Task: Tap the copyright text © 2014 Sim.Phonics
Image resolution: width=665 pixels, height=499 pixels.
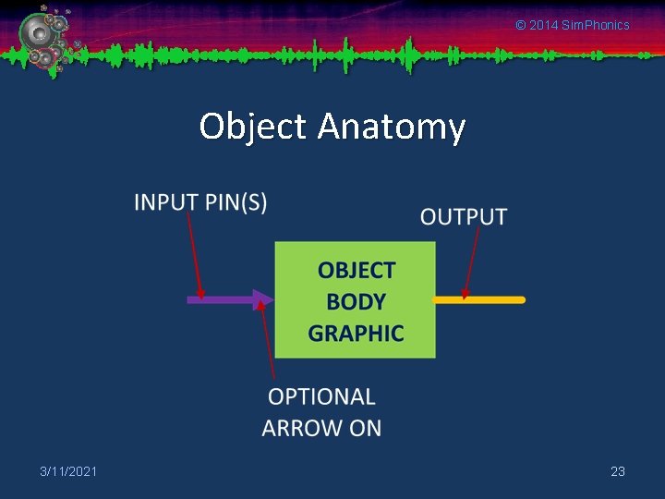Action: click(572, 25)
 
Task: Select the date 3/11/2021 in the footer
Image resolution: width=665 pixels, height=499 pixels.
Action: click(68, 471)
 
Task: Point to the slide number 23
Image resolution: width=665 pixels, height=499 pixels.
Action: click(618, 471)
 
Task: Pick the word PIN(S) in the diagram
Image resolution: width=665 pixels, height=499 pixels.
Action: click(236, 202)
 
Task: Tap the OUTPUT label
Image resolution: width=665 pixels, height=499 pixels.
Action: click(464, 217)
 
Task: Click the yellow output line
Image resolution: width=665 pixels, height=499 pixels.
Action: click(490, 299)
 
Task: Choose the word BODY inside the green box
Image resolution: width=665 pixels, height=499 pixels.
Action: click(356, 302)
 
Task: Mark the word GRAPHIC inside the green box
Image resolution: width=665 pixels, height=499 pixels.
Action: click(356, 333)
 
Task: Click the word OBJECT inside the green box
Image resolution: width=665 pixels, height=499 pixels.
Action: click(357, 271)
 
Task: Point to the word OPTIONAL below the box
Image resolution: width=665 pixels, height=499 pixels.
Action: click(321, 397)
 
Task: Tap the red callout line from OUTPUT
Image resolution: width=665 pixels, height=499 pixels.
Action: click(472, 263)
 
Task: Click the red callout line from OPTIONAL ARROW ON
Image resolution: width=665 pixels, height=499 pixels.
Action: click(269, 342)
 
